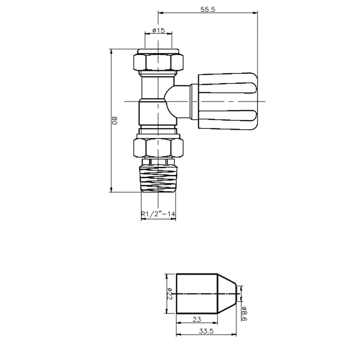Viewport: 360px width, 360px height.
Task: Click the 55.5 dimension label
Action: click(208, 9)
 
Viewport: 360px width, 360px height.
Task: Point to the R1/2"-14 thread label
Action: click(158, 214)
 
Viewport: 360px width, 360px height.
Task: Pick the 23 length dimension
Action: click(197, 319)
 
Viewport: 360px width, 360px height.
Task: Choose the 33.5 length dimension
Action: click(206, 331)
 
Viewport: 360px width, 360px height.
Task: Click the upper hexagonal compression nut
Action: click(158, 62)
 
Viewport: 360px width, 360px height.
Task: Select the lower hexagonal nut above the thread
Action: click(158, 147)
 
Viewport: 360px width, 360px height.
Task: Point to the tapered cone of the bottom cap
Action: click(227, 293)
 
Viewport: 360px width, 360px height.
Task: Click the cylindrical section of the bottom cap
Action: click(197, 293)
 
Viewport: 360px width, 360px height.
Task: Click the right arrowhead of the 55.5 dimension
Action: click(256, 12)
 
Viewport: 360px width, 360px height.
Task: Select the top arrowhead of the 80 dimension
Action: click(111, 51)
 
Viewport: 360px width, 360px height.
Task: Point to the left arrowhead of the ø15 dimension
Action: click(146, 33)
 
